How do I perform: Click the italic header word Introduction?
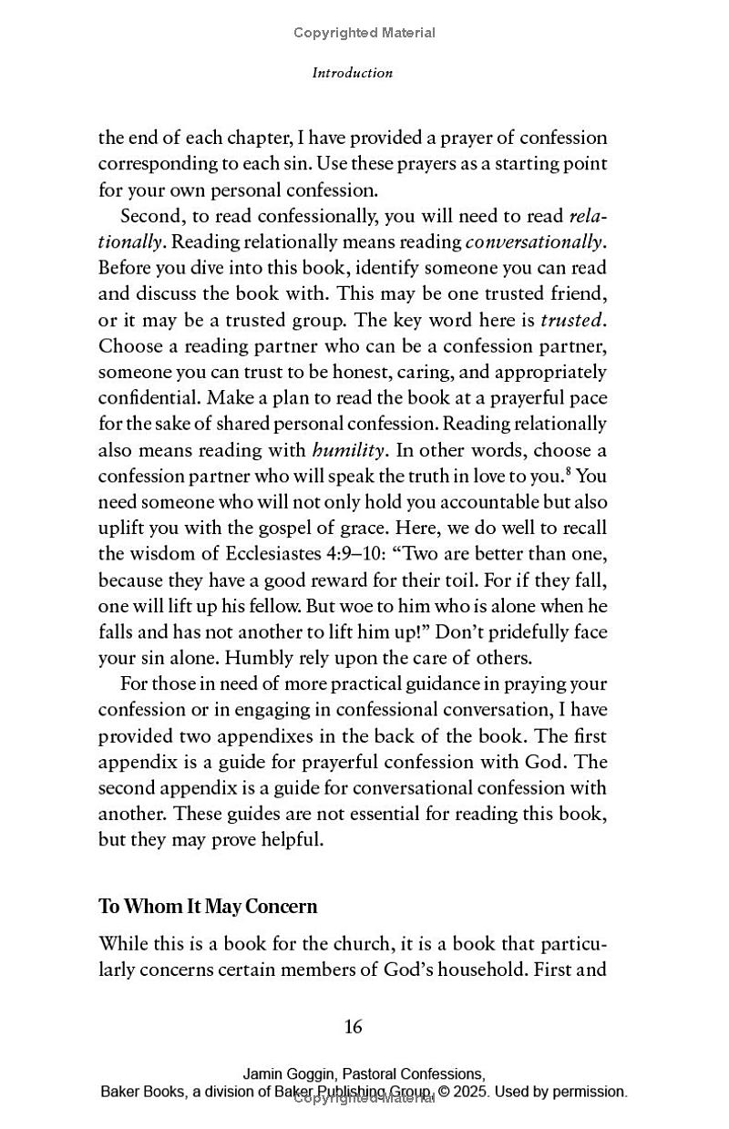click(x=352, y=73)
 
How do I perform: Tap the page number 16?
click(x=354, y=1027)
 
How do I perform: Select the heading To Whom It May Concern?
click(x=208, y=907)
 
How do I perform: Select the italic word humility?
click(x=350, y=450)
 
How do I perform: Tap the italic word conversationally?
click(x=534, y=241)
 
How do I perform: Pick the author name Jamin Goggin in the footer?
click(x=286, y=1074)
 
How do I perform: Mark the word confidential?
click(x=149, y=398)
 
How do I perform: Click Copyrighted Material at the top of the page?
click(x=364, y=33)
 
